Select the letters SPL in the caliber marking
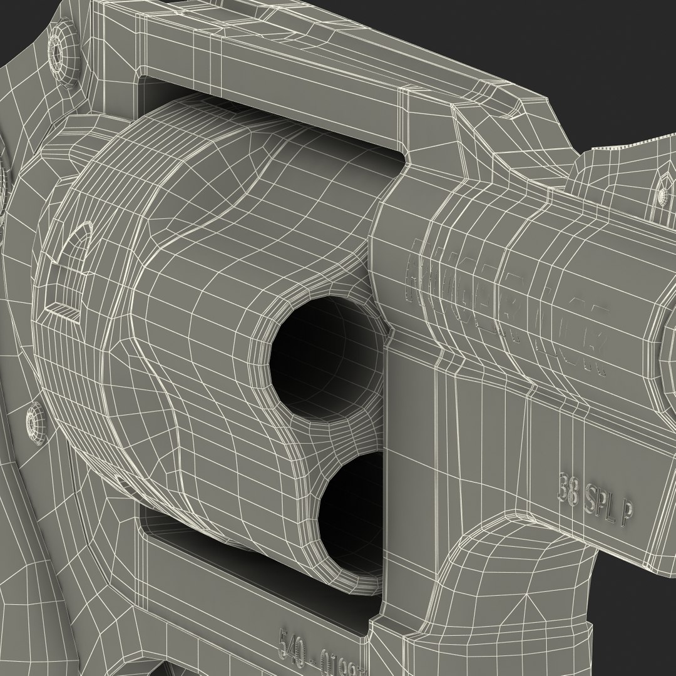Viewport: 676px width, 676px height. (601, 501)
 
